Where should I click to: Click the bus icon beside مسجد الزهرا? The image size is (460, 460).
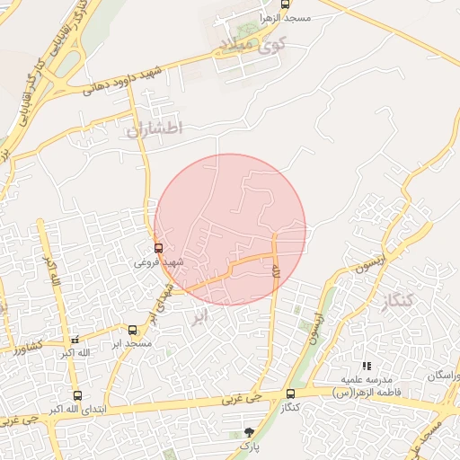tap(285, 4)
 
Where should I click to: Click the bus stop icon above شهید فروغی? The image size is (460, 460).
tap(159, 248)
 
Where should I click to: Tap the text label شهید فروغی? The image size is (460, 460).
tap(159, 262)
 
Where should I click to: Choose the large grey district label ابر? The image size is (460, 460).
tap(200, 316)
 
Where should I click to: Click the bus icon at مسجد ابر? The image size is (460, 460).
tap(133, 331)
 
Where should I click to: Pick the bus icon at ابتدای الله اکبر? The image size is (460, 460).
tap(76, 395)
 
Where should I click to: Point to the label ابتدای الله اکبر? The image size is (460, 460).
tap(76, 410)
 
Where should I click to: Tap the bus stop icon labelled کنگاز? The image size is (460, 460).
tap(289, 394)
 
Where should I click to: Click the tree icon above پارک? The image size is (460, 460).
tap(249, 433)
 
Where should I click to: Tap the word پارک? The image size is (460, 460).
tap(248, 447)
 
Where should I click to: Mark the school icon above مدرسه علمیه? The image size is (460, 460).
tap(366, 367)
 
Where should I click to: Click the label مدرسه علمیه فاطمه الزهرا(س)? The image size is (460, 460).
tap(366, 386)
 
